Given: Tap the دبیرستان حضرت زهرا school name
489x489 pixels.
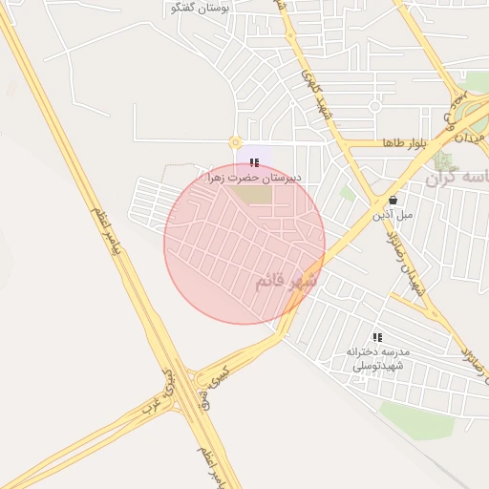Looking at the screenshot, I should click(x=253, y=178).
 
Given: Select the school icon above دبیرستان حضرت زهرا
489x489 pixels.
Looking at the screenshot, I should click(x=254, y=163).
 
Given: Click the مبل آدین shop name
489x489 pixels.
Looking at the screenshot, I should click(x=393, y=215).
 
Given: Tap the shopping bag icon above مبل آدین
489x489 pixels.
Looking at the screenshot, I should click(x=393, y=201).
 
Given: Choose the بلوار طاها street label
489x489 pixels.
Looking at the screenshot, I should click(x=403, y=143).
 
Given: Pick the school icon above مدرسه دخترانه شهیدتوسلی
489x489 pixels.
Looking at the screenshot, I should click(x=378, y=337).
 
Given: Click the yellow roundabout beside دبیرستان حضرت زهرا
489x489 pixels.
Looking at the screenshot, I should click(x=235, y=142).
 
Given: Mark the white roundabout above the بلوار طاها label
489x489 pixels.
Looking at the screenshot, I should click(x=374, y=106).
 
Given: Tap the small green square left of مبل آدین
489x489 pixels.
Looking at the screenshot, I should click(x=348, y=193).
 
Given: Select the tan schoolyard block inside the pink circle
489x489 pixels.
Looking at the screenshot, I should click(x=253, y=194).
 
